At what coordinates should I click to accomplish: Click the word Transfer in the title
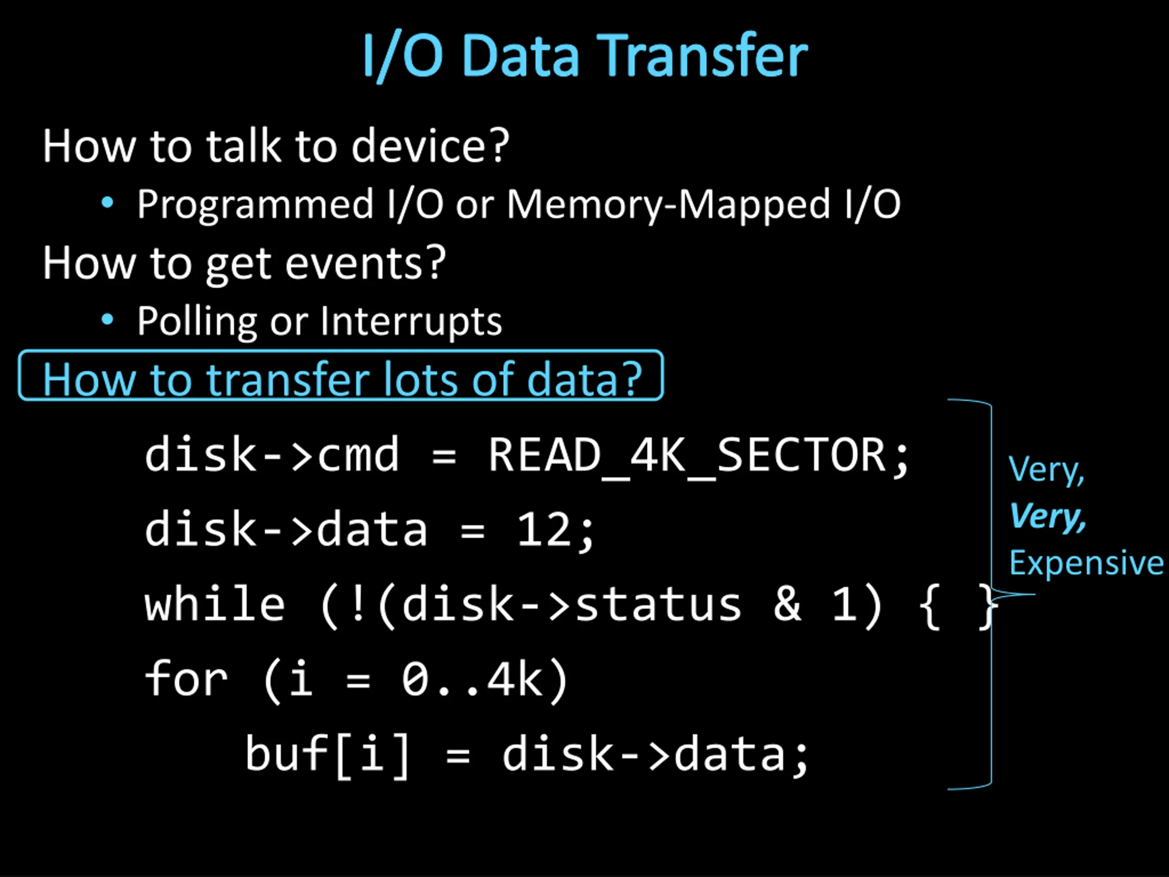(x=703, y=56)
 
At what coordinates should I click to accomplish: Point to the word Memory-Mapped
(x=668, y=205)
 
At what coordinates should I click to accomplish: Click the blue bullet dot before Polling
(x=107, y=319)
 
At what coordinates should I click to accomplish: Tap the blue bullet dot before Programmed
(x=107, y=202)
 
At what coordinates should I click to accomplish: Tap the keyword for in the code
(x=186, y=679)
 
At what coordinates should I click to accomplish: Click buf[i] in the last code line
(x=328, y=755)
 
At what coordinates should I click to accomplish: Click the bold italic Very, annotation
(x=1047, y=516)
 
